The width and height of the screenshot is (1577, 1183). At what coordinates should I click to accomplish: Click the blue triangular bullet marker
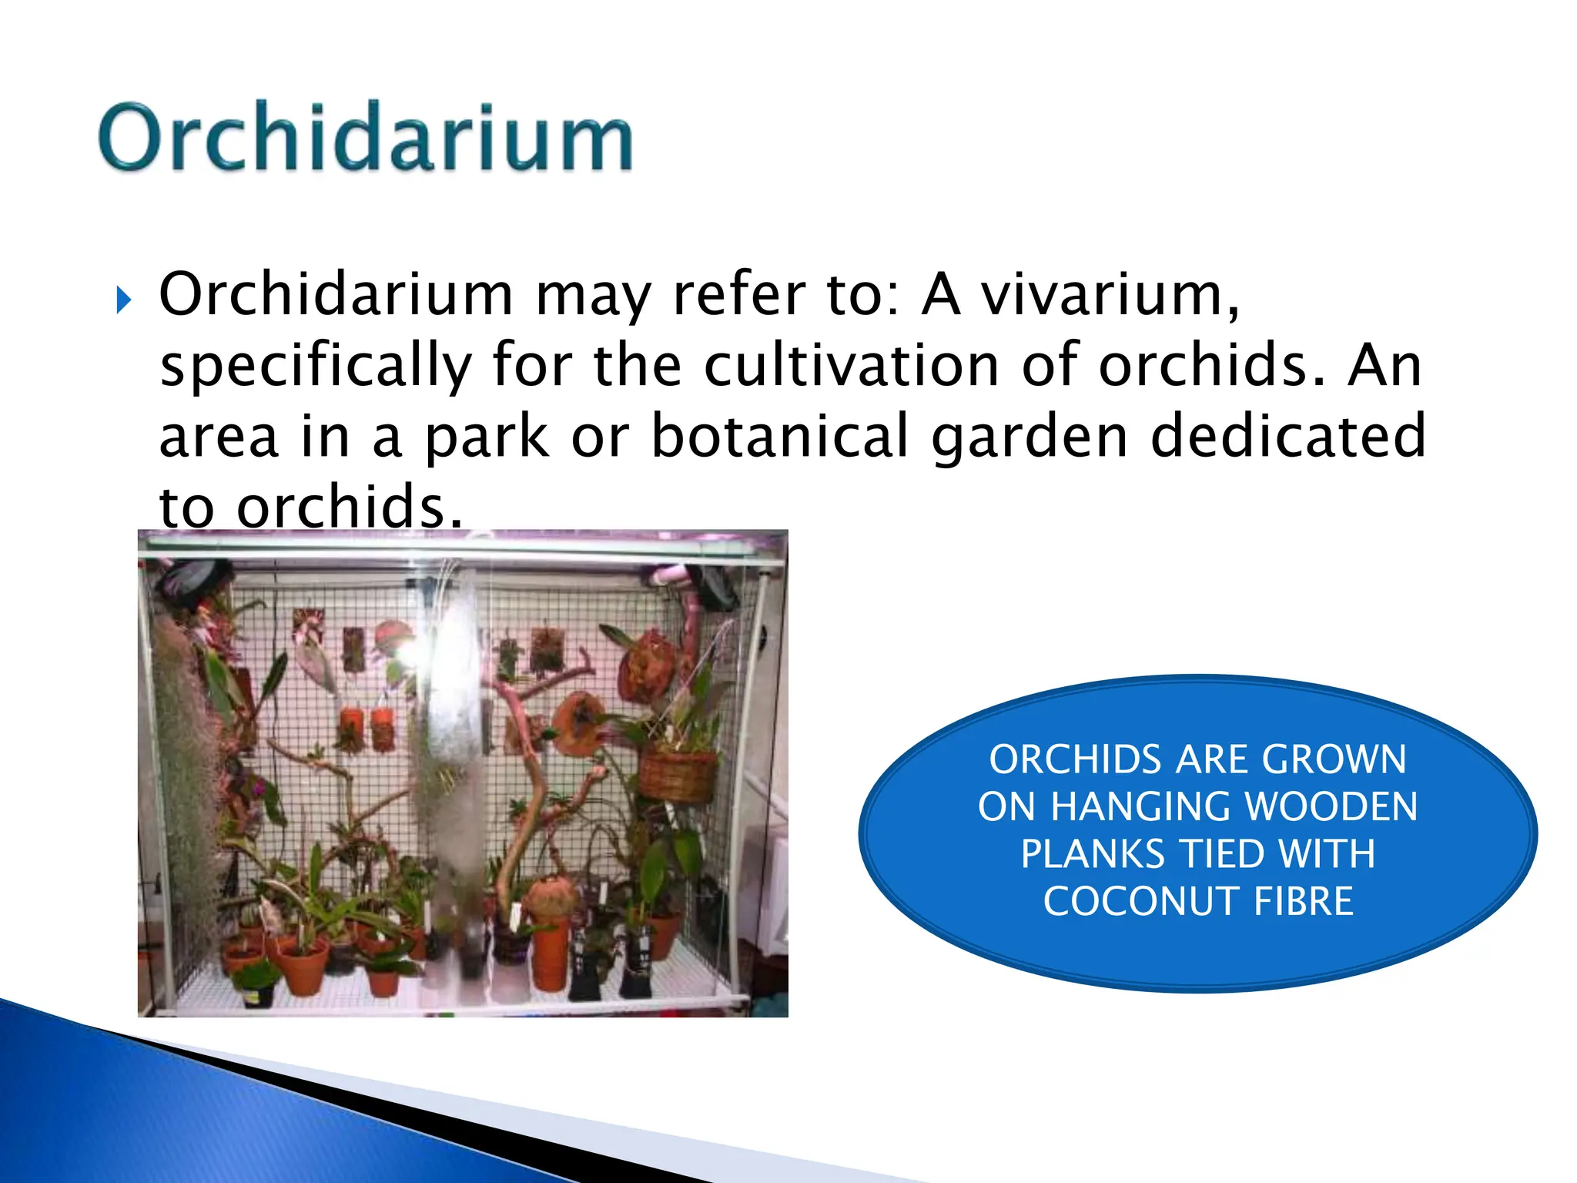[123, 300]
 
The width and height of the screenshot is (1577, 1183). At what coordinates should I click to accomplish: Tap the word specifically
[316, 366]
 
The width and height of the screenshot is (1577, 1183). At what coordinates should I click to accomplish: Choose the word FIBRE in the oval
[1303, 901]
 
